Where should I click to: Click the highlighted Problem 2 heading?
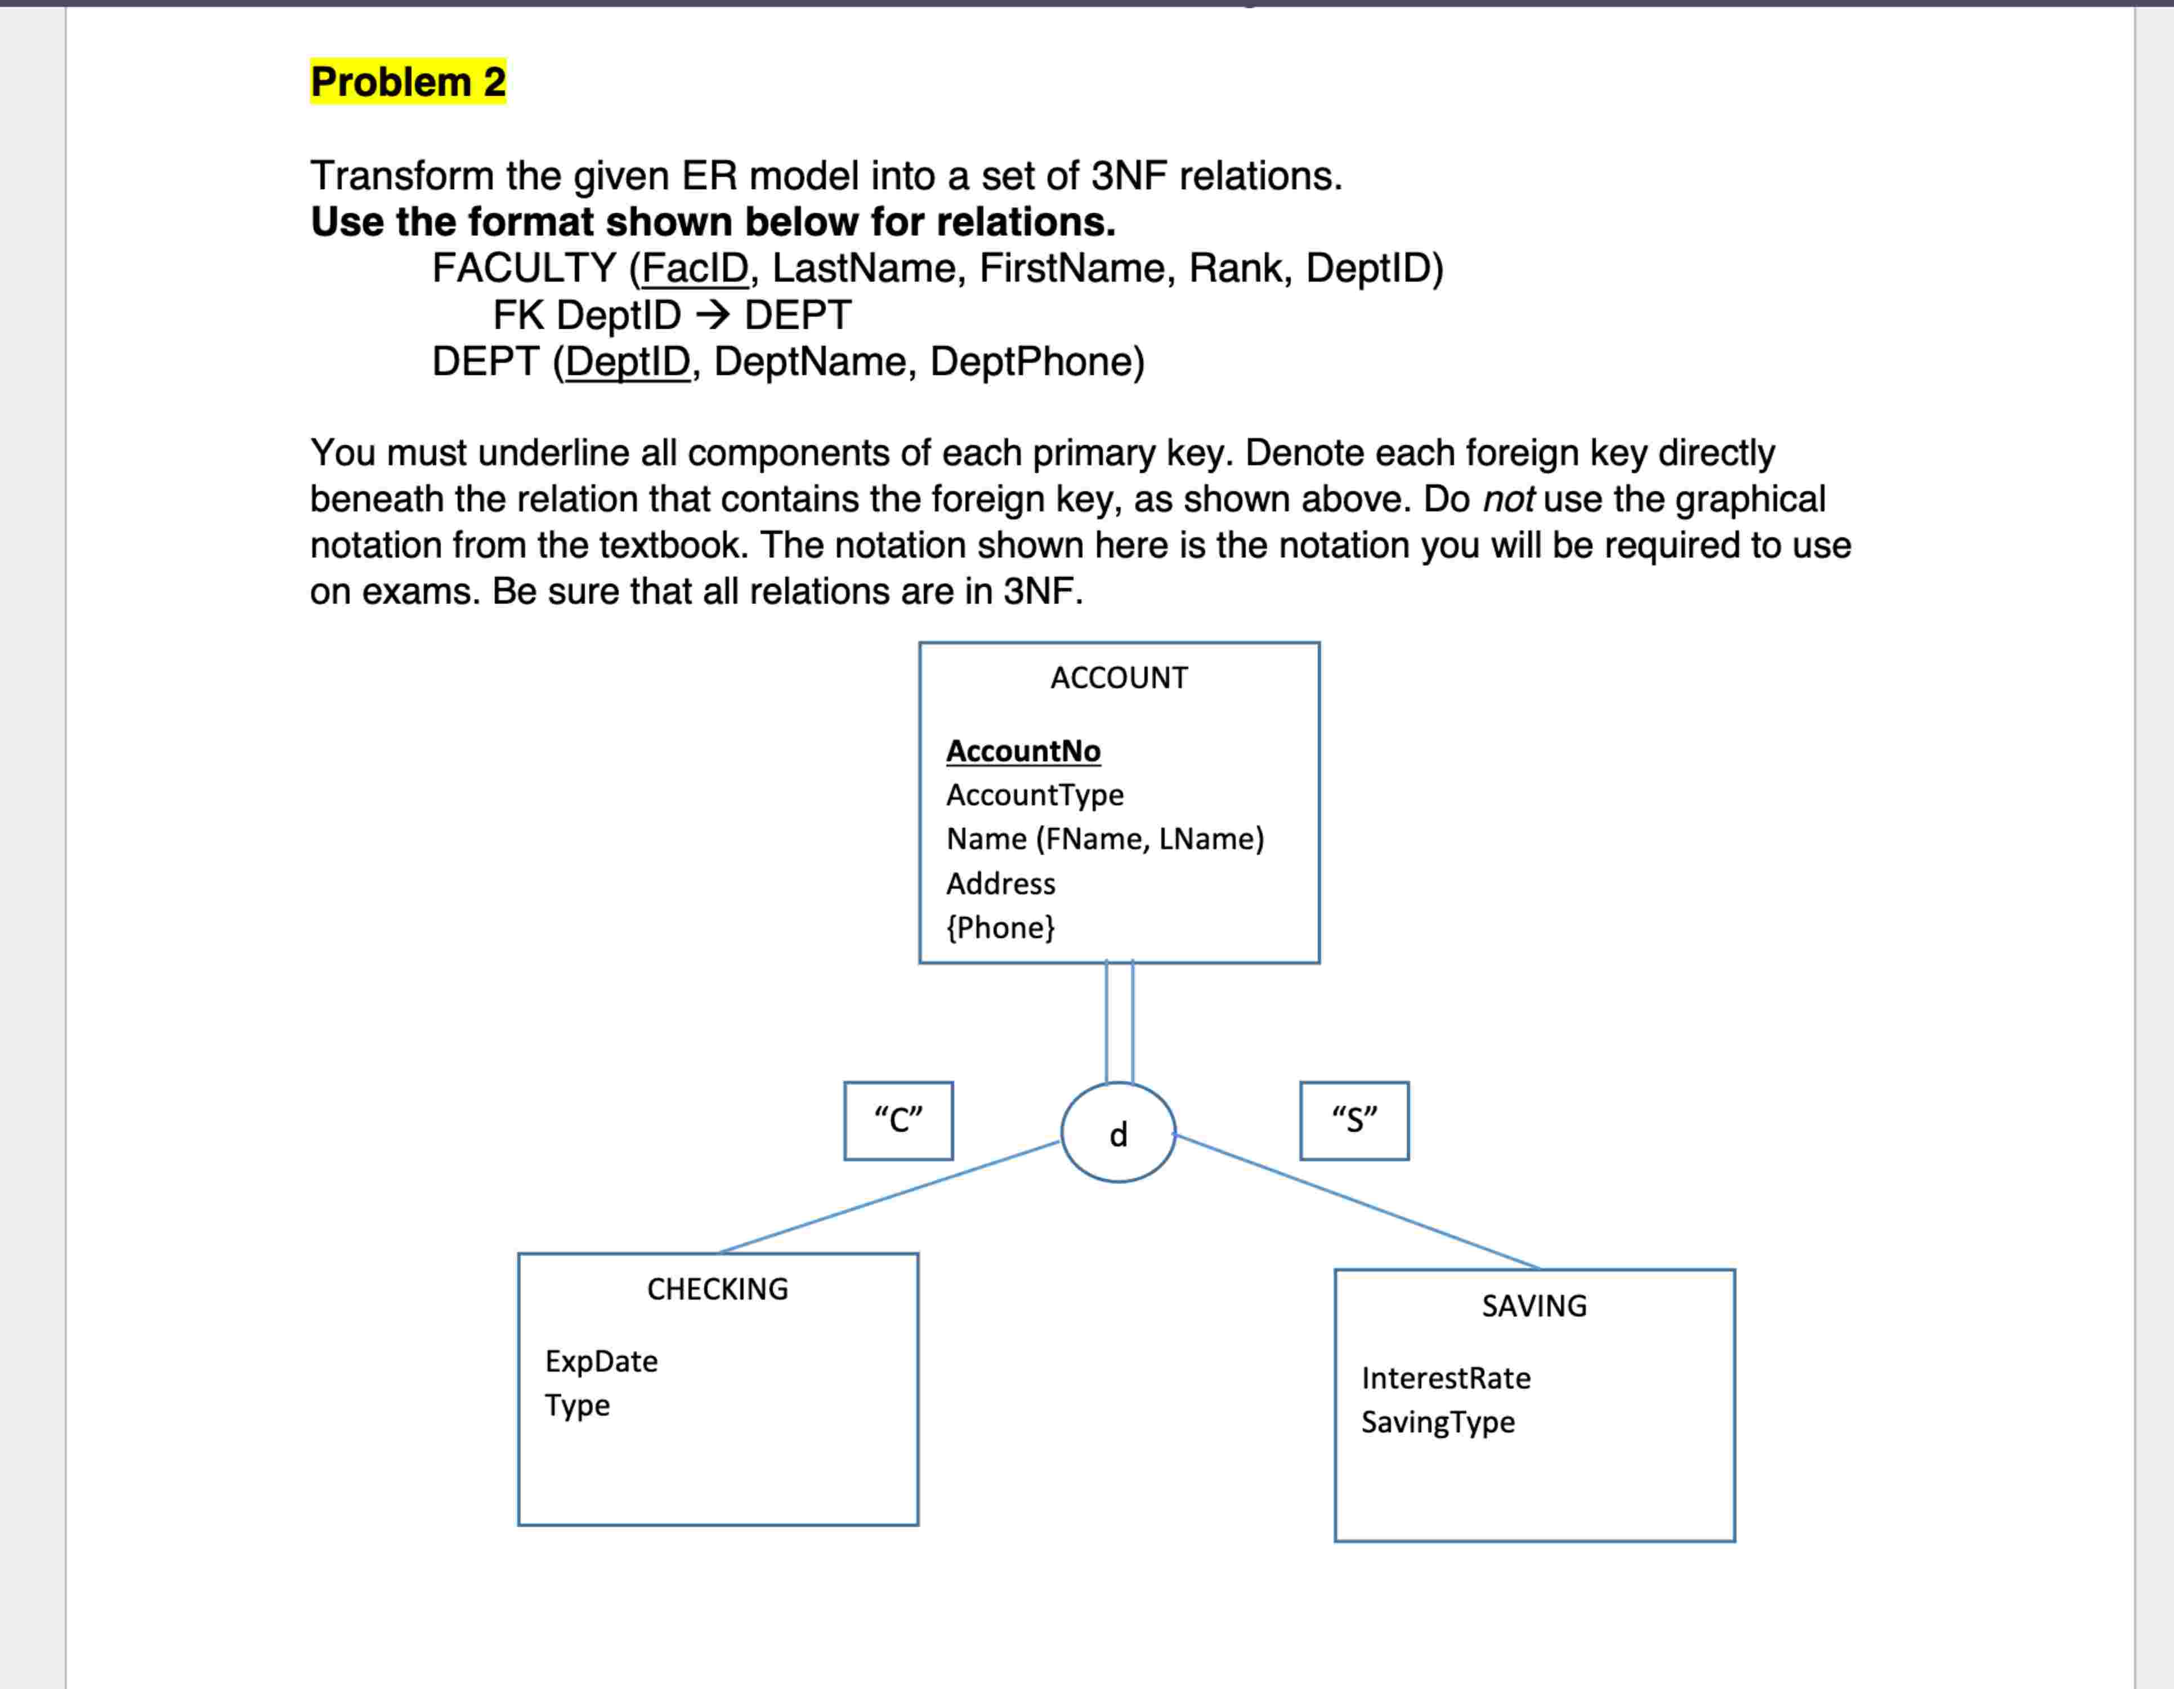click(408, 82)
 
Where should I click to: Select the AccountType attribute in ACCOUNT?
click(1034, 794)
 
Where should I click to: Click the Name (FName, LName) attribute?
click(1105, 838)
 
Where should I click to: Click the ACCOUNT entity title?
click(1119, 678)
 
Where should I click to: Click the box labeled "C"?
click(898, 1121)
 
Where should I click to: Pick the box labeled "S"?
click(1354, 1121)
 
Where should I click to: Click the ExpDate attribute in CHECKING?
click(601, 1361)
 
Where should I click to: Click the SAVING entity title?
click(1534, 1306)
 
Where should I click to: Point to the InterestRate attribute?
click(1446, 1378)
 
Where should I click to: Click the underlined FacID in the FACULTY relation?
click(695, 268)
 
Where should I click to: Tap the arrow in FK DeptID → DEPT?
click(713, 315)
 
